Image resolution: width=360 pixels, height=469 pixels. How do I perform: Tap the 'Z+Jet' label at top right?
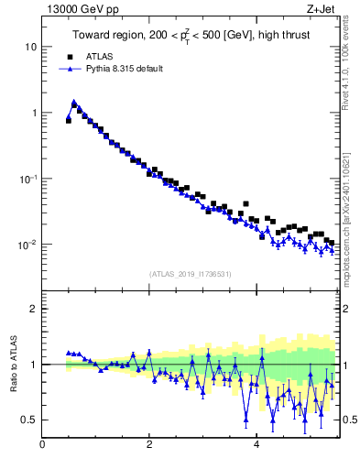(323, 11)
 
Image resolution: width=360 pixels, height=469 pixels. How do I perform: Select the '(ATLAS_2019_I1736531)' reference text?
(190, 274)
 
